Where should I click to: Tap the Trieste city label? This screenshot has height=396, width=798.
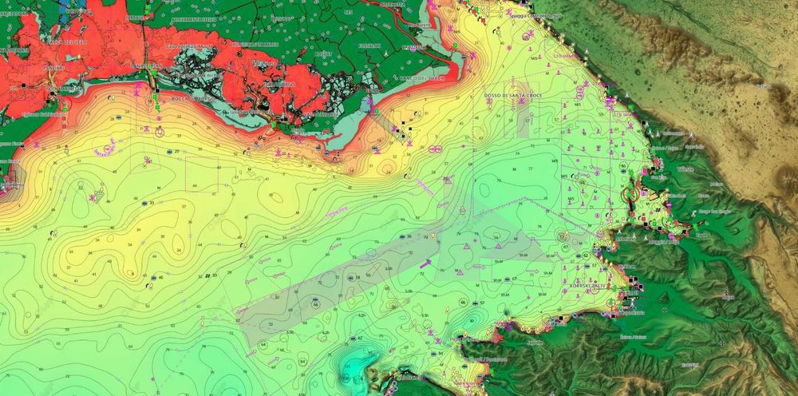[685, 170]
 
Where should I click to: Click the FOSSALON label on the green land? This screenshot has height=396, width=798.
[369, 46]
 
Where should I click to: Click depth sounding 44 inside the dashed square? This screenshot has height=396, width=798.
[194, 185]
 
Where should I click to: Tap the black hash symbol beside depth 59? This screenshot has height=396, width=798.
[207, 276]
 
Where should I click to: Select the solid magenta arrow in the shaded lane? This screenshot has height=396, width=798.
[427, 262]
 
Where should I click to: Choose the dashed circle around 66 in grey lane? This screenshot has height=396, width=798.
[315, 304]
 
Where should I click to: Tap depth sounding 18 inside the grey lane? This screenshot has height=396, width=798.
[357, 277]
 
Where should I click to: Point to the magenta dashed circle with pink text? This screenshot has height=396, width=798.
[104, 150]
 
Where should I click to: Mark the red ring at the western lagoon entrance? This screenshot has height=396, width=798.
[64, 102]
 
